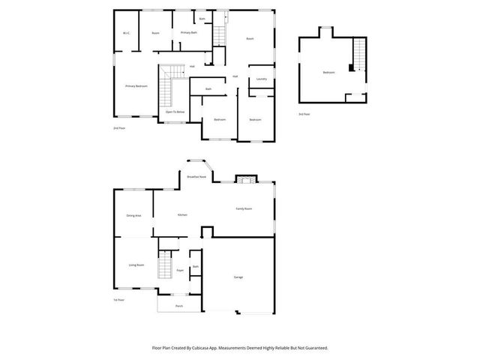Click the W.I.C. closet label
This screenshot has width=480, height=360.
(x=126, y=33)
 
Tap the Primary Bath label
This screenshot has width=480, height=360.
(x=188, y=33)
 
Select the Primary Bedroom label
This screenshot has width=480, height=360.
(x=136, y=86)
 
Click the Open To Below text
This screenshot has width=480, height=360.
(x=175, y=111)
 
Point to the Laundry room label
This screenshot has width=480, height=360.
(x=261, y=79)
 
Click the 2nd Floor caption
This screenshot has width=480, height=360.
(x=118, y=128)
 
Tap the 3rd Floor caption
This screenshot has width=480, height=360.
(x=304, y=114)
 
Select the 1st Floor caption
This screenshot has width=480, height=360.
(x=118, y=300)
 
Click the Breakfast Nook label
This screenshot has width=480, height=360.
(x=196, y=177)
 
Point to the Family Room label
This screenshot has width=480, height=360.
(x=244, y=208)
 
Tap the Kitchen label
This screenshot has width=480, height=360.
(x=181, y=214)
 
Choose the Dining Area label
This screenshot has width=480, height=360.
(x=133, y=215)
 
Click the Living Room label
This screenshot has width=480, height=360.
(x=136, y=265)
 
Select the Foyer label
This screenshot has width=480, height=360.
(x=180, y=270)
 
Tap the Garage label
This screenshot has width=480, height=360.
(x=238, y=277)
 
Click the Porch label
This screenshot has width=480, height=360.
(x=178, y=306)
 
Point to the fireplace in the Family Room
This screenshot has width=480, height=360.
(x=244, y=178)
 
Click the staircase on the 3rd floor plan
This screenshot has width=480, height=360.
(x=360, y=54)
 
